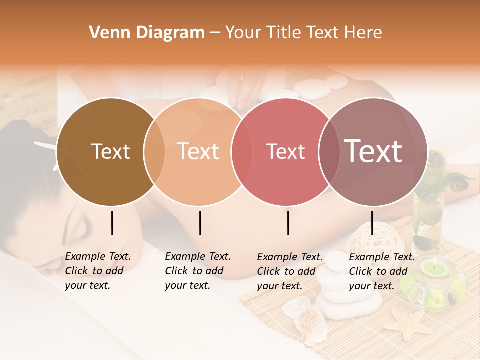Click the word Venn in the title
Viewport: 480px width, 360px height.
tap(107, 33)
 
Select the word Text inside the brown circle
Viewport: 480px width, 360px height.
tap(110, 151)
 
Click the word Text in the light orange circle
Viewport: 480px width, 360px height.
tap(198, 151)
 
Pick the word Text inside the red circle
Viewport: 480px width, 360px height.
tap(285, 151)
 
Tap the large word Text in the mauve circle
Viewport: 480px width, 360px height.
tap(373, 151)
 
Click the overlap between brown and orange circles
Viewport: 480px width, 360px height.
tap(154, 152)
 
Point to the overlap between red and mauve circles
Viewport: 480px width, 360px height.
tap(329, 152)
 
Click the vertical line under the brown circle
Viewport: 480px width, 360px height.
tap(112, 223)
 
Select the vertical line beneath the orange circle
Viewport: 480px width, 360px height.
tap(200, 223)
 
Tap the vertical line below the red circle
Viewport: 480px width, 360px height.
tap(288, 223)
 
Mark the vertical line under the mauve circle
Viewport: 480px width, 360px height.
tap(372, 223)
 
